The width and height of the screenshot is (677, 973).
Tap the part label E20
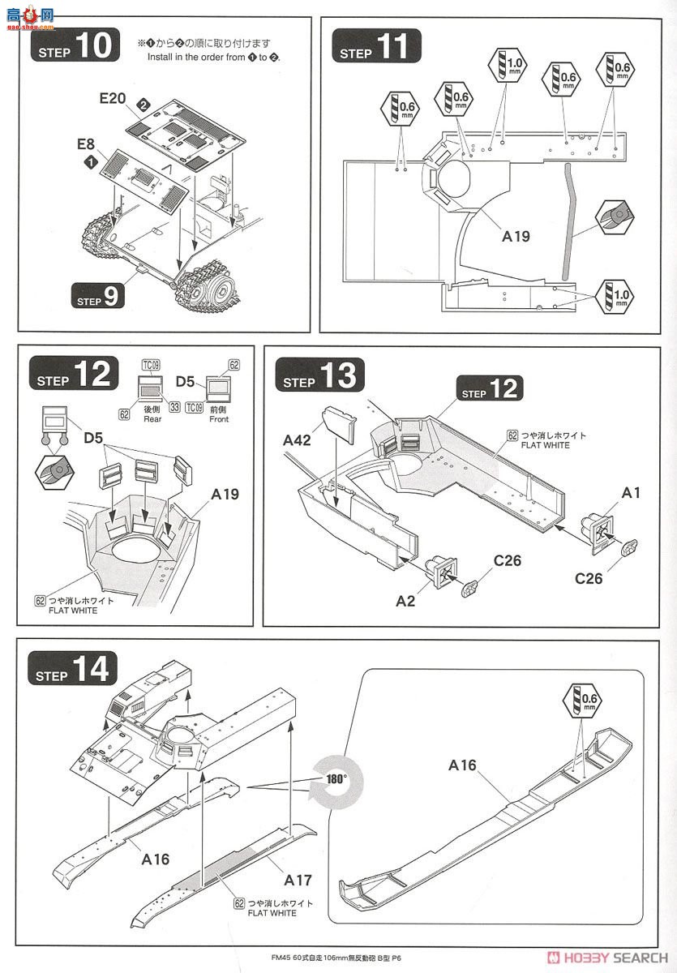coord(113,98)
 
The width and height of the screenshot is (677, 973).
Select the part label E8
coord(86,144)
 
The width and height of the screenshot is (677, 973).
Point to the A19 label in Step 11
coord(516,237)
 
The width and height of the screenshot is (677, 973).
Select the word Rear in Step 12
coord(152,419)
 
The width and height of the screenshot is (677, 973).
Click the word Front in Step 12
coord(218,419)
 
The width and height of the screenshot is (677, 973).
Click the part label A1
coord(631,494)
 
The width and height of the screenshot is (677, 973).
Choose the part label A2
coord(405,600)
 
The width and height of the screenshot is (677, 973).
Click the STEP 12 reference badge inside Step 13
coord(490,388)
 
